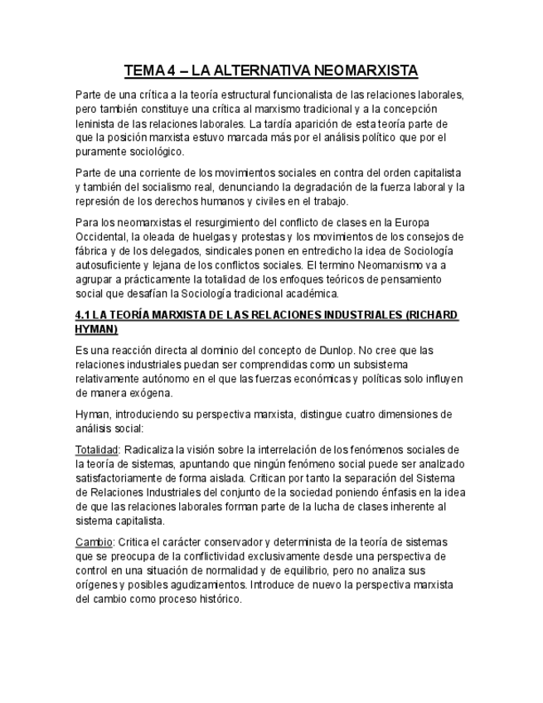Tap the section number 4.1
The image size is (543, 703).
click(82, 316)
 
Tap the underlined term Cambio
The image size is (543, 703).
click(93, 541)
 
